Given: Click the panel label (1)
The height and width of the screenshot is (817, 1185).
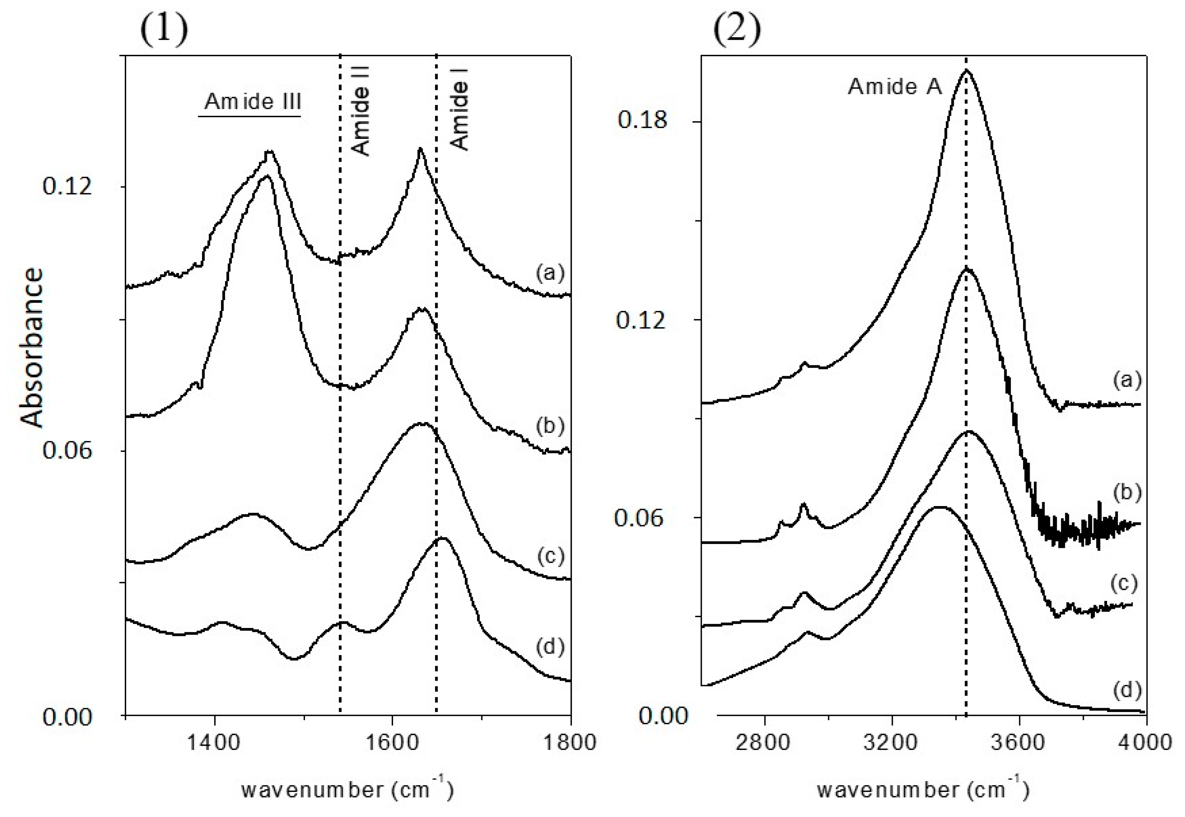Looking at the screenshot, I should pos(164,29).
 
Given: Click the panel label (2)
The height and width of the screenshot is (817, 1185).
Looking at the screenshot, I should pos(737,29).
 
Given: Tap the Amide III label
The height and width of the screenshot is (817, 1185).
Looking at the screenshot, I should pos(253,102).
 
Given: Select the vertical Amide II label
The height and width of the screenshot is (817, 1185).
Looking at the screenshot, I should pos(361,111).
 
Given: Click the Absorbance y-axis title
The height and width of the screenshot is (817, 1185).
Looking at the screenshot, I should pos(32,348).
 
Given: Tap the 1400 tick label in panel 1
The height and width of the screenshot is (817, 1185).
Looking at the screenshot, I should pos(213,742).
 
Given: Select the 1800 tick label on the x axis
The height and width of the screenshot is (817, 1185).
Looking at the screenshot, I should pos(569,742).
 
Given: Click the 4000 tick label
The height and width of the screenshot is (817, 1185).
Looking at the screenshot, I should pos(1145,742).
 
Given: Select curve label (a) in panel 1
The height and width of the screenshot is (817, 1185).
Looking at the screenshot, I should pos(550,272).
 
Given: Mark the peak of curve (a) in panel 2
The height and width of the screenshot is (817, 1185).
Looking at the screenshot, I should pos(966,71).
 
